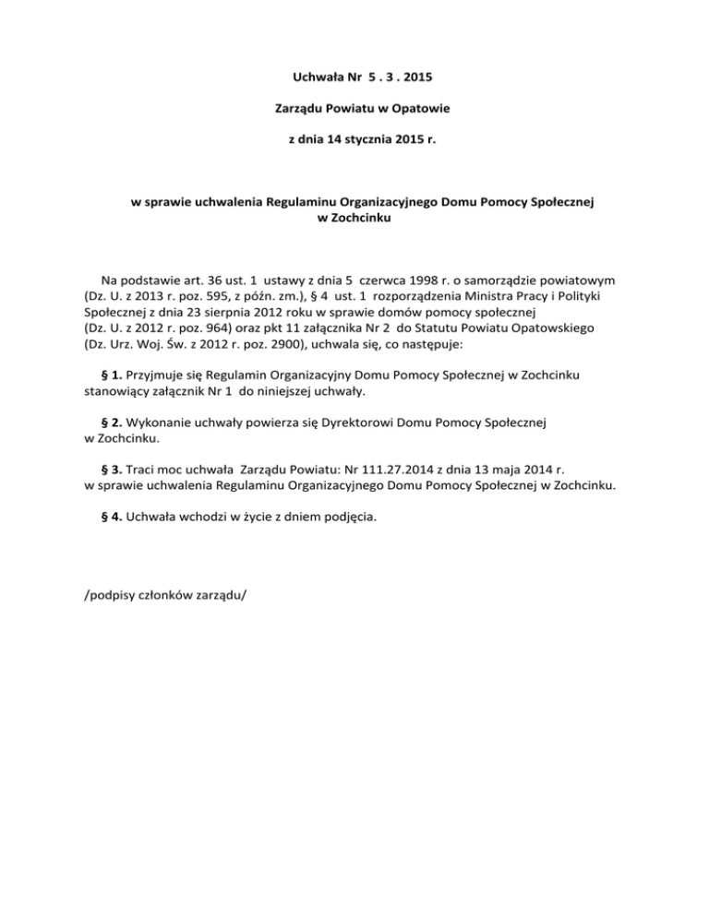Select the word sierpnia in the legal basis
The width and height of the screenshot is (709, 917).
point(232,314)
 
